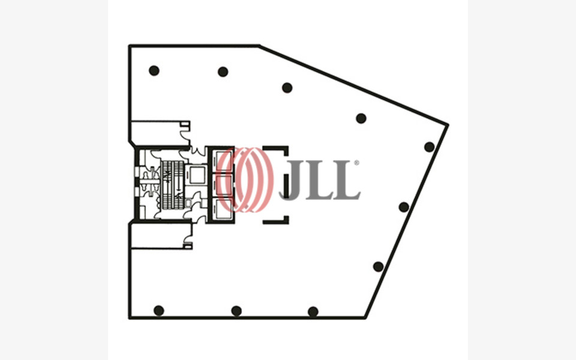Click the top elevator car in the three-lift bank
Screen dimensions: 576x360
[221, 160]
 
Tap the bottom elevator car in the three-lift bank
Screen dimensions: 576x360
[221, 209]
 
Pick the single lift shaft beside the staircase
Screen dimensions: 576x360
[197, 175]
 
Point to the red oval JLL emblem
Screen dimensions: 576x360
[245, 179]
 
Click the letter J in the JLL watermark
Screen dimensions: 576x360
[293, 179]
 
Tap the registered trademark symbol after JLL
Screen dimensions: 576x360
[356, 163]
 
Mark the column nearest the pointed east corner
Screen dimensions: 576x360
[429, 147]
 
